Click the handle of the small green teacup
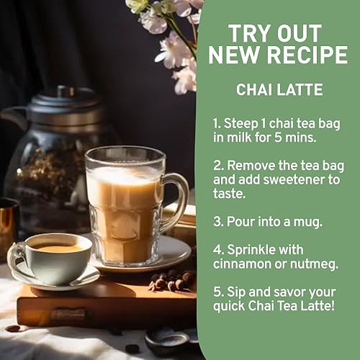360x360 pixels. [x=15, y=261]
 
